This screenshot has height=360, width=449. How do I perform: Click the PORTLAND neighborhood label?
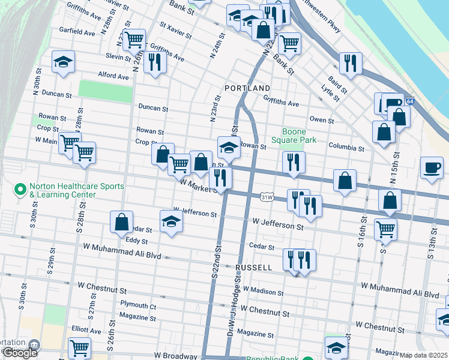click(x=247, y=88)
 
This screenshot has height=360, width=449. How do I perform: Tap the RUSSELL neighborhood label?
click(x=255, y=268)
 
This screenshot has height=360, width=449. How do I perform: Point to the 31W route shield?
click(x=267, y=197)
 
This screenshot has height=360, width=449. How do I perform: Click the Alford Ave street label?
click(x=113, y=76)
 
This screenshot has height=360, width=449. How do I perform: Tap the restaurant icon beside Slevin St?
click(x=155, y=61)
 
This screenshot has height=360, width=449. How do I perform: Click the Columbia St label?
click(x=346, y=147)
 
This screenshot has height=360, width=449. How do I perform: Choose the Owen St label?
click(x=322, y=120)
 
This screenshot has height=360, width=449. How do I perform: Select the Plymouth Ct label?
click(x=137, y=305)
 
